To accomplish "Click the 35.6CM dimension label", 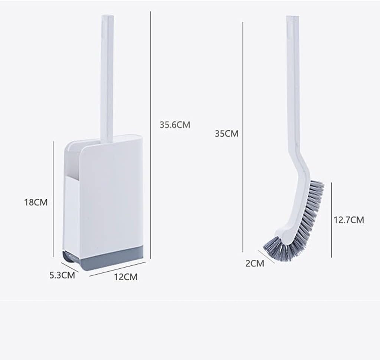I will coord(175,125).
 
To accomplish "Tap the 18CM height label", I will coord(36,202).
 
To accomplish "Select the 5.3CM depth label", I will coord(62,275).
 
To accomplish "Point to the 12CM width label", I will coord(125,277).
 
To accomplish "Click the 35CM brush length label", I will coord(226,133).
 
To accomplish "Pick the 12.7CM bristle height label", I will coord(348,220).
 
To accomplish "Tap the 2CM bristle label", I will coord(255,264).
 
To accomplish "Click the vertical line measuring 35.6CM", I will coord(151,134).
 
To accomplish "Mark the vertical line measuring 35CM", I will coord(243,137).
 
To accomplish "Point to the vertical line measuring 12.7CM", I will coord(331,219).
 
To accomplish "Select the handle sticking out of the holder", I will coord(107,78).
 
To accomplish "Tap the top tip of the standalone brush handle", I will coord(292,18).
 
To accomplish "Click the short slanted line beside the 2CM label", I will coord(266,256).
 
